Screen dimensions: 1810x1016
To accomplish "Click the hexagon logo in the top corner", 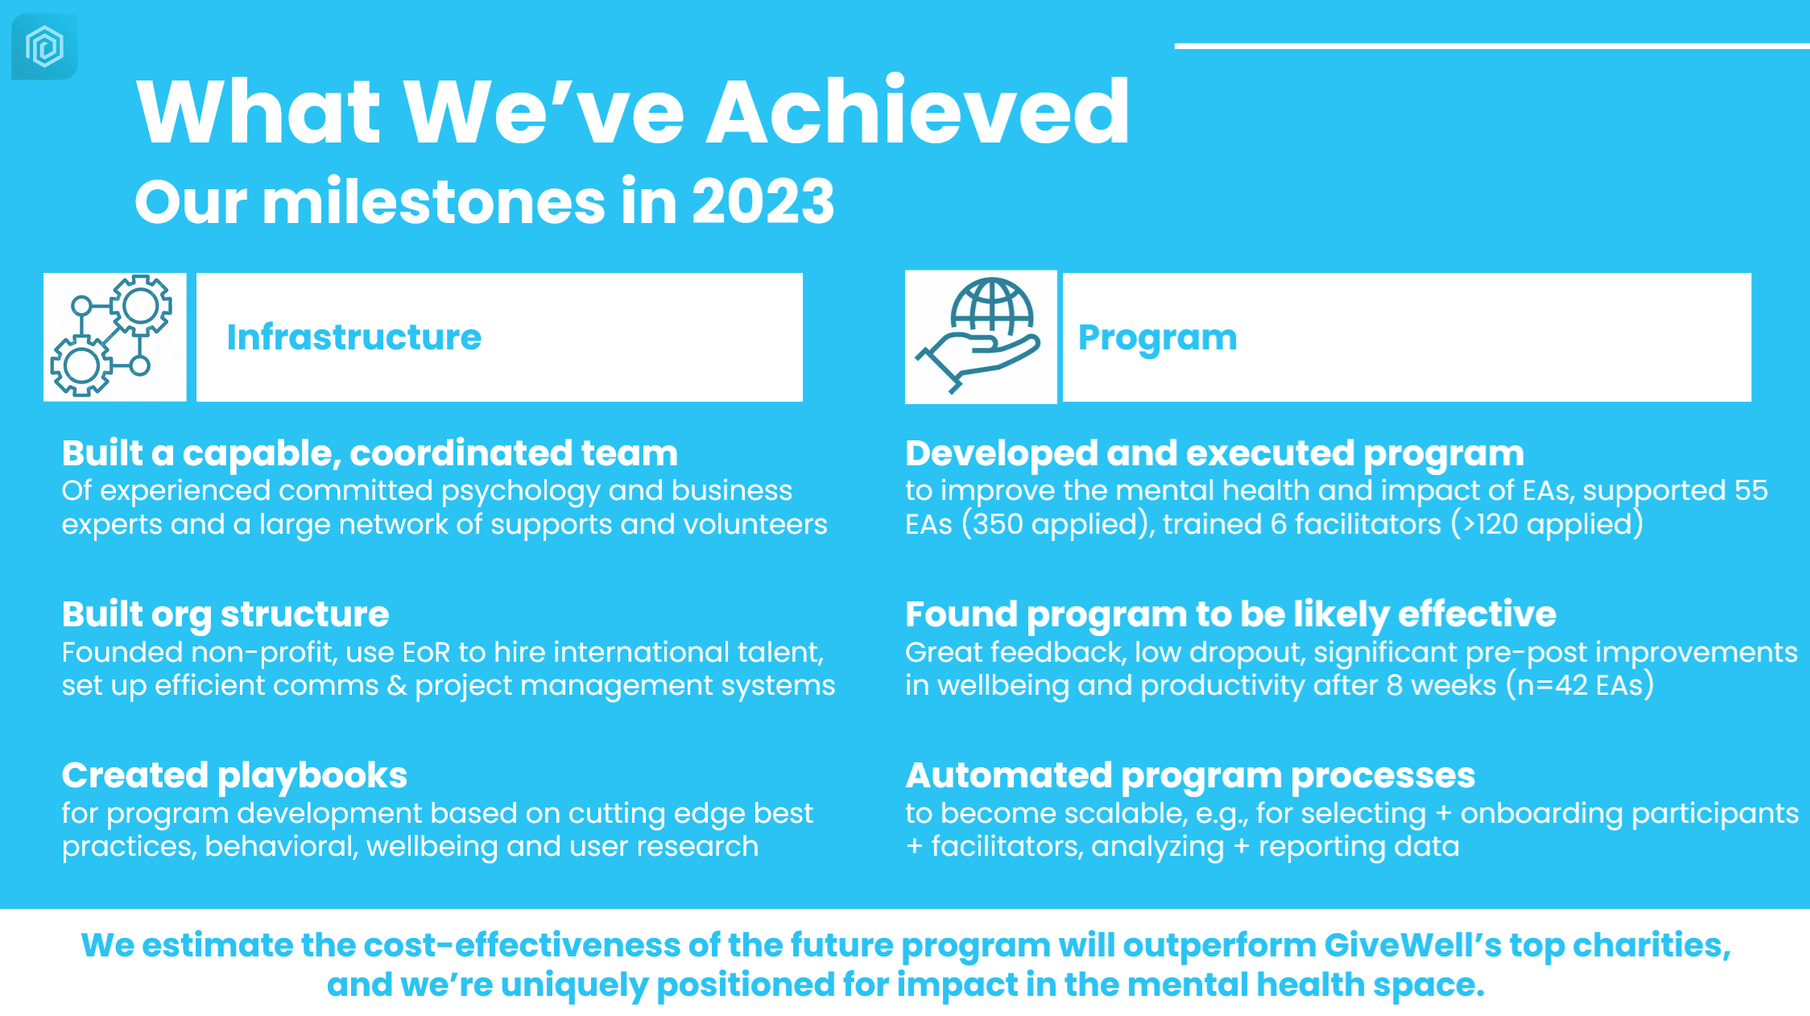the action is pos(44,46).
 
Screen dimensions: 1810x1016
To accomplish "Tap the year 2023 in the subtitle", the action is pos(762,201).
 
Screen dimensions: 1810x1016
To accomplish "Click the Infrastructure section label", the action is pos(353,337).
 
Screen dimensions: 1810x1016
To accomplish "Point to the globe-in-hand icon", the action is pos(980,337).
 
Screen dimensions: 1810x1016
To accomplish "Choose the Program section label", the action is pos(1157,338).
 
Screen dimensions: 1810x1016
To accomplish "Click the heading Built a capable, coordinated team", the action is pos(370,453).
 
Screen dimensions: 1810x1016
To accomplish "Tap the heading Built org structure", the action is pos(225,615).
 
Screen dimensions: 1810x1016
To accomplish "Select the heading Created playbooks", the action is pos(234,776).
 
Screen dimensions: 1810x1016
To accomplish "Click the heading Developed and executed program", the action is pos(1214,454).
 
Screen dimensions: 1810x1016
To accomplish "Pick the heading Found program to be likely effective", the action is pos(1230,615).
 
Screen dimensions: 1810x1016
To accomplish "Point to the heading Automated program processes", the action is pos(1190,776).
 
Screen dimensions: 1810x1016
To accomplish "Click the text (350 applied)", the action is pos(1059,524).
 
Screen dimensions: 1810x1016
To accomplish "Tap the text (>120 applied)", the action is pos(1548,524).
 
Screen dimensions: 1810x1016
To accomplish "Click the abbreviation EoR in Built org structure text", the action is pos(427,652).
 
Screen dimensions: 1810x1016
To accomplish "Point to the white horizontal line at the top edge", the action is pos(1492,46).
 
